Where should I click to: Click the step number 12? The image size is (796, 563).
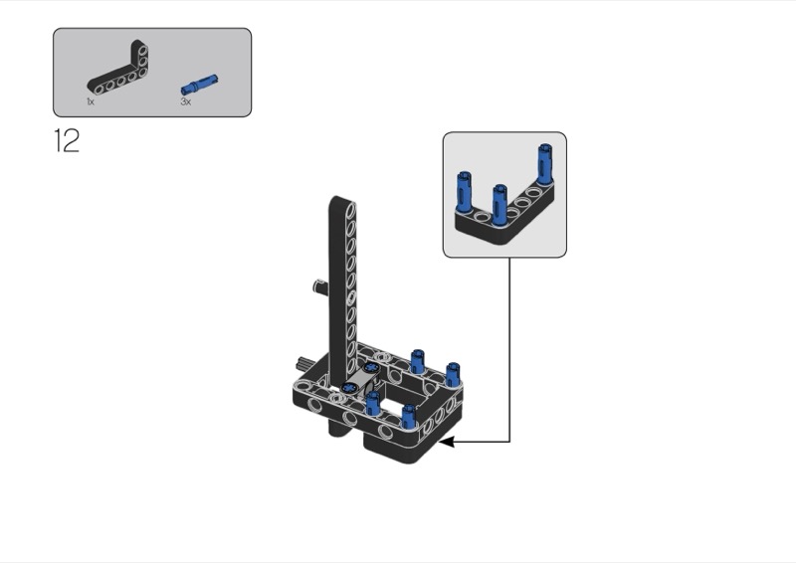click(67, 140)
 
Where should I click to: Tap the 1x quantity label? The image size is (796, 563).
click(91, 101)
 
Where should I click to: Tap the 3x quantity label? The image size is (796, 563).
click(186, 101)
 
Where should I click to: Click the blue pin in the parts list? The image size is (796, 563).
click(200, 85)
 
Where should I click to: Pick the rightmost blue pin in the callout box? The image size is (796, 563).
click(545, 163)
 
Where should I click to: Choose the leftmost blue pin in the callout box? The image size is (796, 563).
click(464, 191)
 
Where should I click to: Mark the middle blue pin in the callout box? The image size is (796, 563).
click(499, 204)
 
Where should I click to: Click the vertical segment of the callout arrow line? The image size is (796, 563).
click(509, 349)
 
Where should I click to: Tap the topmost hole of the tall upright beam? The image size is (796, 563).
click(350, 209)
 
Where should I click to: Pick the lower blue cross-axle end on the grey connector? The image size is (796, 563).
click(349, 387)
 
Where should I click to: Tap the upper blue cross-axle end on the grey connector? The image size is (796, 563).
click(370, 367)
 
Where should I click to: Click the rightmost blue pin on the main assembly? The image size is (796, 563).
click(452, 375)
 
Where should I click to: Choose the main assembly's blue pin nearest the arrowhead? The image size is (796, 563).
click(409, 417)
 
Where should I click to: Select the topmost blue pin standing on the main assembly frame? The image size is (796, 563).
click(417, 361)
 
